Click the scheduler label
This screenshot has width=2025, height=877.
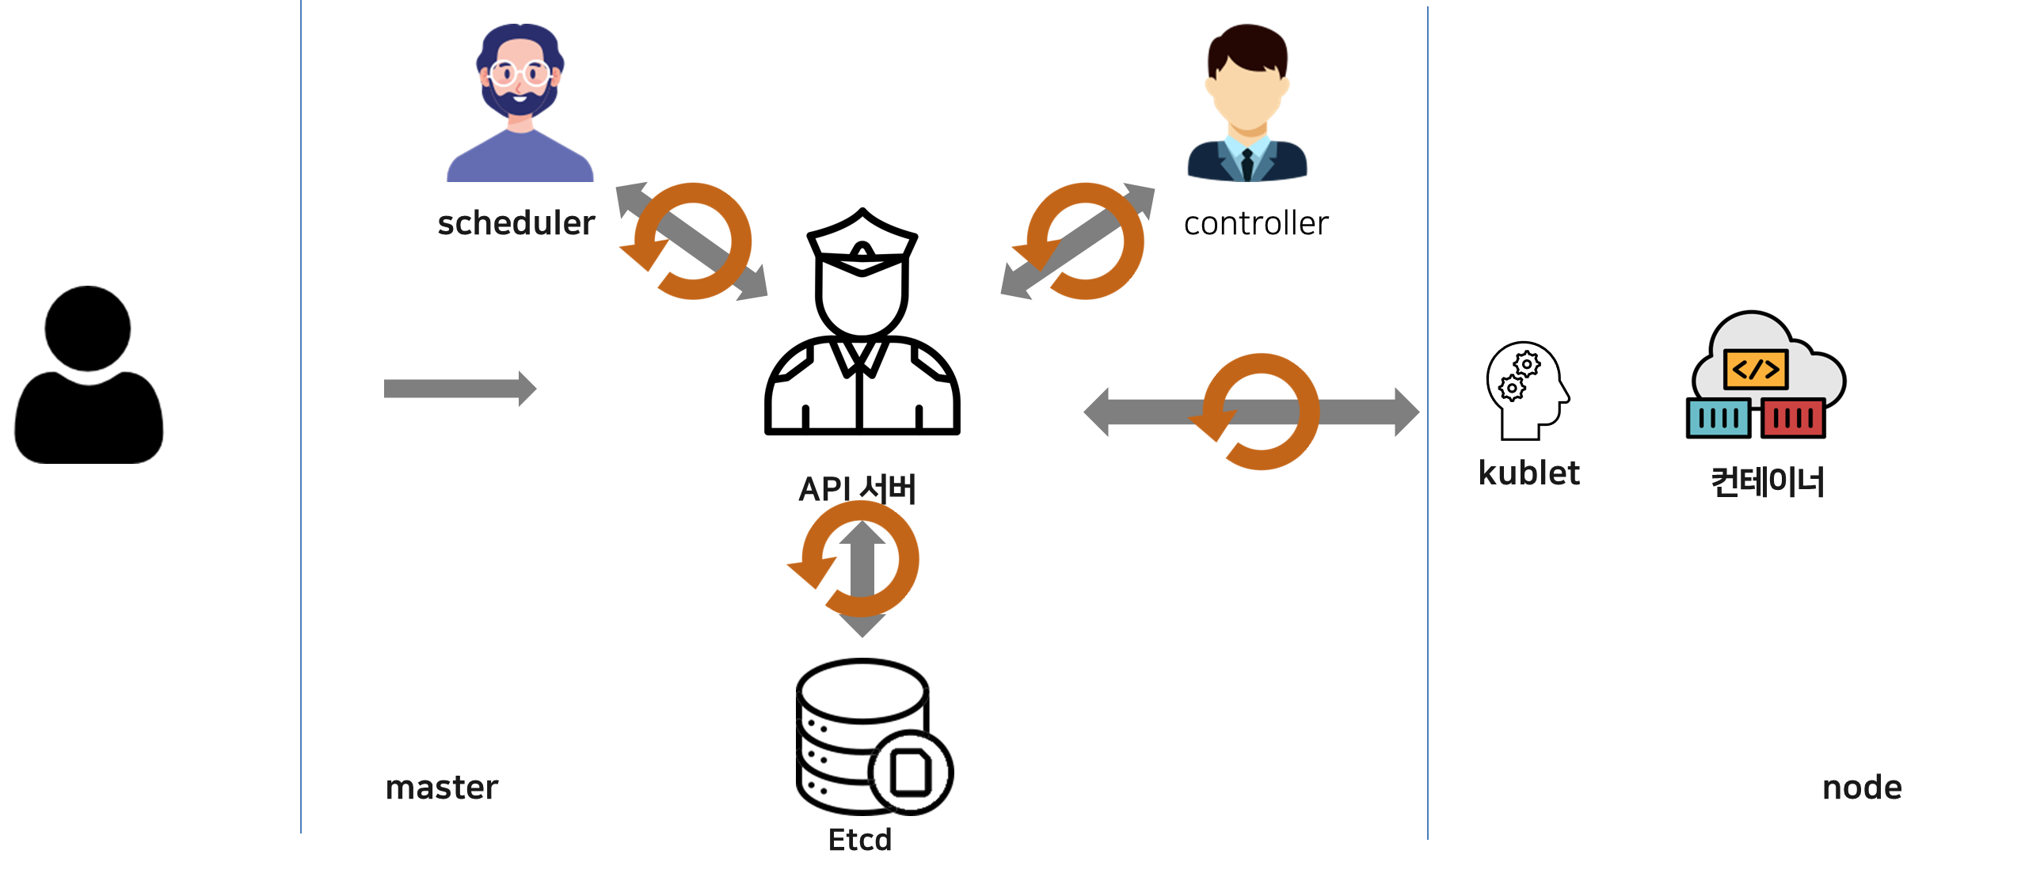[516, 223]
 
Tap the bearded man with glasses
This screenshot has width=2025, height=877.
[520, 103]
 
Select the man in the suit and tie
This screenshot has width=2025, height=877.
[1247, 103]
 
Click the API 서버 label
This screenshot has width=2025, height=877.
[857, 488]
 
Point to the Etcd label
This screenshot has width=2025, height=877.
[860, 840]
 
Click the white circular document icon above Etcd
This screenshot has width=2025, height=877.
[910, 773]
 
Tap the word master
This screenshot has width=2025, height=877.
[442, 788]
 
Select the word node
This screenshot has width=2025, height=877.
[1862, 788]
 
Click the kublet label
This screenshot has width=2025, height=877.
[1529, 473]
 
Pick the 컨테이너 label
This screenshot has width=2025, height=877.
[1768, 481]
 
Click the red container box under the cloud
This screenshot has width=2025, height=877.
[1793, 418]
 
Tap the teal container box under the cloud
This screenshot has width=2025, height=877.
[1719, 418]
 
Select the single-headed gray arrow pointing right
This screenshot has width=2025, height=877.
[459, 389]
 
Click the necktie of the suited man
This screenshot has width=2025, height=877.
[1247, 162]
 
